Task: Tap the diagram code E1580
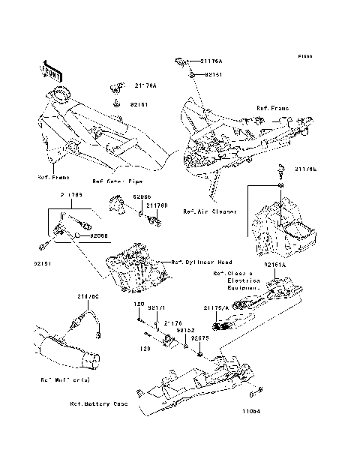304,56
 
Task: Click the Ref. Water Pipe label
118,181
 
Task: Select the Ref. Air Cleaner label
210,211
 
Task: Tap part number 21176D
156,205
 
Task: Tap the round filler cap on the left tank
58,94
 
